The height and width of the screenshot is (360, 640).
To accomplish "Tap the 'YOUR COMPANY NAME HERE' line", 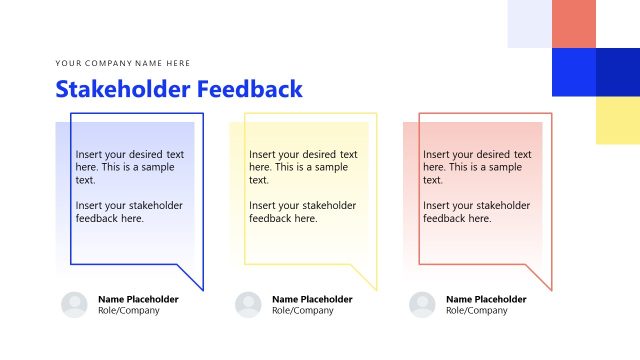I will (x=123, y=63).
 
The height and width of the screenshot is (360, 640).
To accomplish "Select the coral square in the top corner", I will (x=574, y=23).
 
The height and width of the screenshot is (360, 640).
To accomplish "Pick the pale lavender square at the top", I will (x=529, y=23).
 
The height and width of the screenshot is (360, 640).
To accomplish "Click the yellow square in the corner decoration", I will (x=618, y=120).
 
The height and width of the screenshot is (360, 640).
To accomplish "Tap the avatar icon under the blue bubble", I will (x=74, y=305).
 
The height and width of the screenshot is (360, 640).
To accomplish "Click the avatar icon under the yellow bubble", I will (x=248, y=305).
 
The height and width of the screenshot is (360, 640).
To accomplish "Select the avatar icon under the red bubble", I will (x=422, y=305).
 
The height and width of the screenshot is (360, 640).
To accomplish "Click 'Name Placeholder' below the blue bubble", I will (x=138, y=299).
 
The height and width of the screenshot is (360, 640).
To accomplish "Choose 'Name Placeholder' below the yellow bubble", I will (x=312, y=299).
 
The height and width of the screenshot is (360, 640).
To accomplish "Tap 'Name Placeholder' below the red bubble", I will (x=486, y=299).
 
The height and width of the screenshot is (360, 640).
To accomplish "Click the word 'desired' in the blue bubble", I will (x=143, y=155).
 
